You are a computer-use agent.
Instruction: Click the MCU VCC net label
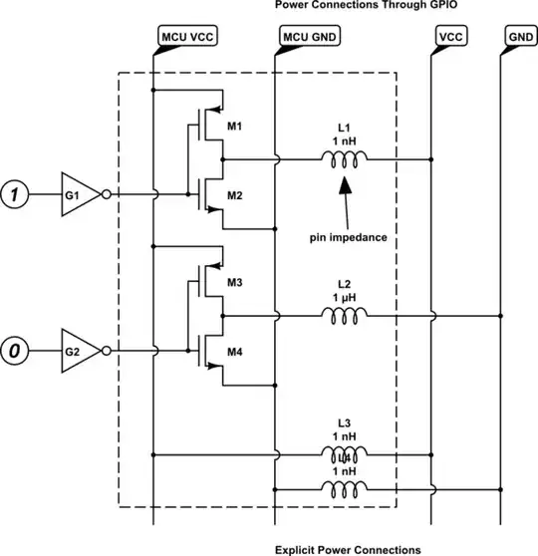[186, 37]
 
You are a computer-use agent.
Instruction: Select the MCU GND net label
[308, 37]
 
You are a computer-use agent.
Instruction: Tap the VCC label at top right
[450, 37]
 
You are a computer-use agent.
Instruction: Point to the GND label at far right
[518, 37]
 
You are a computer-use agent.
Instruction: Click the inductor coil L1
[344, 158]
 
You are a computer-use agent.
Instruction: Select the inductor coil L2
[344, 315]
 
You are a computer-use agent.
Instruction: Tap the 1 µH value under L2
[344, 297]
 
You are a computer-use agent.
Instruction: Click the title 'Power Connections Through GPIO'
[346, 6]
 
